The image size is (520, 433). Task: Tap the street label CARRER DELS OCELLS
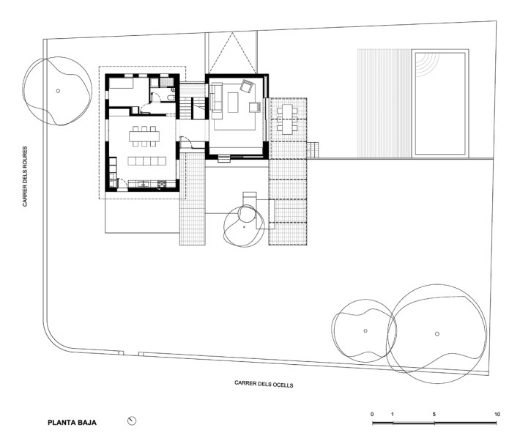(x=264, y=383)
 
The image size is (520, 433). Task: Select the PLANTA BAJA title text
(x=72, y=423)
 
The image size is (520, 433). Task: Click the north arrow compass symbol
(x=132, y=421)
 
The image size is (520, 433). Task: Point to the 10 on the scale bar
(x=497, y=415)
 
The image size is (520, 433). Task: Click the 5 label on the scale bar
(x=434, y=415)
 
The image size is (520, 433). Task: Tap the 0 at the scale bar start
(x=372, y=415)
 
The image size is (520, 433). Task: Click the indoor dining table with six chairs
(x=144, y=135)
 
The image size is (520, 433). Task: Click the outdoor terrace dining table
(x=286, y=118)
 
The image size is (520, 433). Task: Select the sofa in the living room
(x=216, y=99)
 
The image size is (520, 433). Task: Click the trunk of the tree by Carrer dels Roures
(x=58, y=91)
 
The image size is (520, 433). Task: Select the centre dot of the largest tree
(x=437, y=333)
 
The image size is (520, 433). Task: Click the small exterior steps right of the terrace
(x=314, y=150)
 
